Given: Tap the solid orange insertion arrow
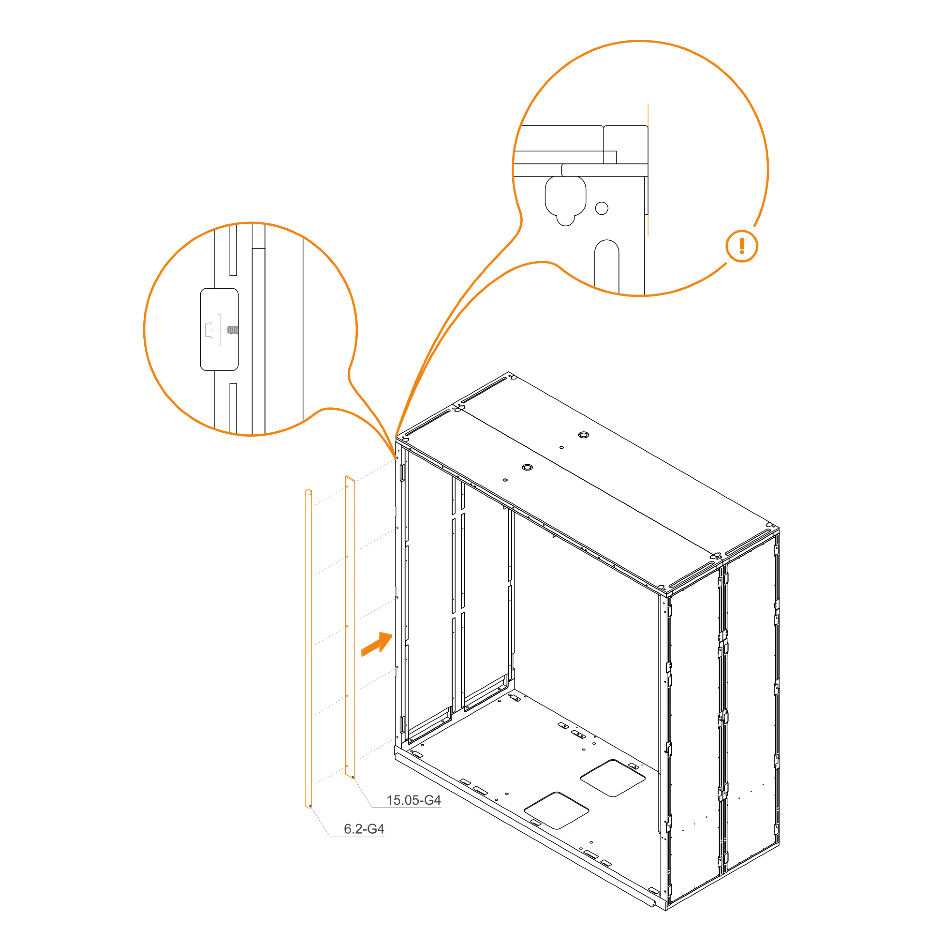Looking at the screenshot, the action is click(x=376, y=644).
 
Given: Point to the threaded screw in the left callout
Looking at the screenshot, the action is click(x=233, y=330).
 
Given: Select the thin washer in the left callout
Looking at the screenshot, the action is click(x=219, y=330).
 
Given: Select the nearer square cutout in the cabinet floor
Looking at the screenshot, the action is click(x=556, y=810).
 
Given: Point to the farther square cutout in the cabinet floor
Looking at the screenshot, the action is click(x=613, y=778).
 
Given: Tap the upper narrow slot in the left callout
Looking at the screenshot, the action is click(x=233, y=250).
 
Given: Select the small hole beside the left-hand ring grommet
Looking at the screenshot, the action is click(x=505, y=480).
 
